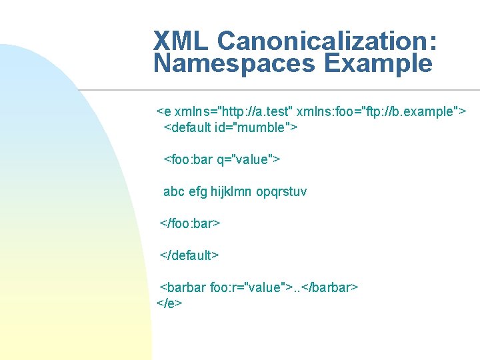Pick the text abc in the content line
pos(174,191)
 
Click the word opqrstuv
pos(281,191)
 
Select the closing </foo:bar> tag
pos(190,223)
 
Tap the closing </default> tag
pos(189,255)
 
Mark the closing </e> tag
pos(169,303)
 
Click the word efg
pos(198,191)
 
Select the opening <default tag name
pos(188,127)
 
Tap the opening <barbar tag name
pos(183,287)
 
